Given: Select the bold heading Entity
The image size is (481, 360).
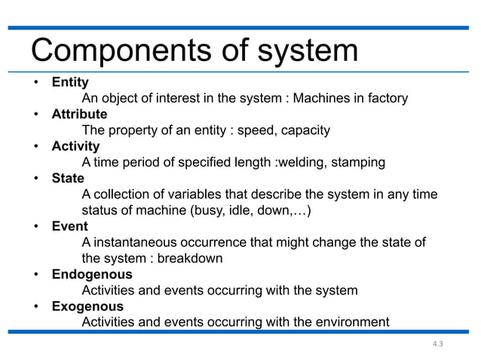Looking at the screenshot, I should pyautogui.click(x=70, y=82).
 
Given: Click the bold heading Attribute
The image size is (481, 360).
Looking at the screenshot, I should pyautogui.click(x=79, y=114).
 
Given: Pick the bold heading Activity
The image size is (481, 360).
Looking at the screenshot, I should pyautogui.click(x=75, y=146).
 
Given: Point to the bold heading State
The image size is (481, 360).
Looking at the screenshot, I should pyautogui.click(x=68, y=179).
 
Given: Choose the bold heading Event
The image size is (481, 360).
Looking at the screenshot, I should pyautogui.click(x=69, y=226).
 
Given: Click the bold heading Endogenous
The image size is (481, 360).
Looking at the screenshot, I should pyautogui.click(x=91, y=275).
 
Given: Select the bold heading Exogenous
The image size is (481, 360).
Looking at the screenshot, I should pyautogui.click(x=87, y=307).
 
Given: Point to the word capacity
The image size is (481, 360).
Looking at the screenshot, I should pyautogui.click(x=304, y=130).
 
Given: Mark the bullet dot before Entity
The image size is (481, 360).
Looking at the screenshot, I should pyautogui.click(x=35, y=83).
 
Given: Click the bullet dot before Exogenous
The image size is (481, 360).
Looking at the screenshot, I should pyautogui.click(x=35, y=307).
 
